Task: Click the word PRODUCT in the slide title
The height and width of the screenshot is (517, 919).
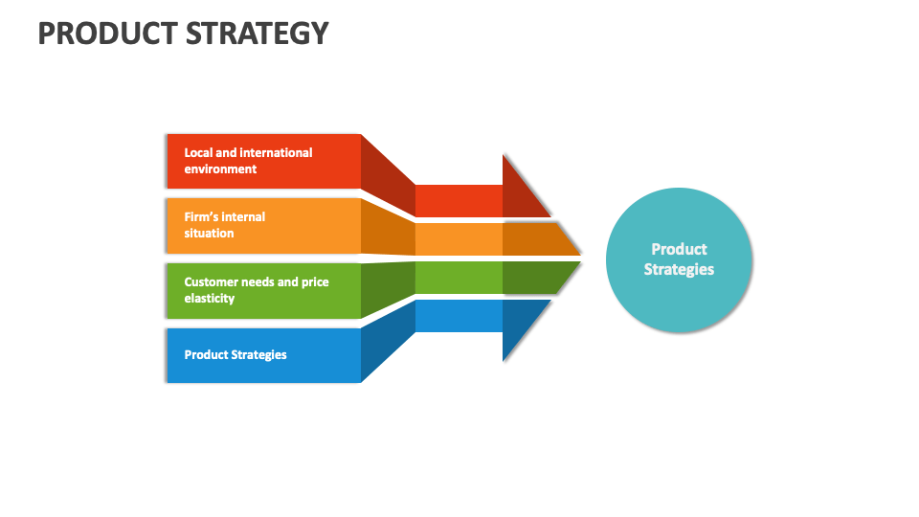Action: point(101,34)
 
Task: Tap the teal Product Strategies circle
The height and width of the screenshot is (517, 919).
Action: point(679,259)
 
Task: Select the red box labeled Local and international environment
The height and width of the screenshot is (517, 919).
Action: point(263,161)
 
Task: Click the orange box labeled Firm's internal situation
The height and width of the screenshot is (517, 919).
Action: point(263,225)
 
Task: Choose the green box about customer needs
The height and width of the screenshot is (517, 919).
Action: point(263,290)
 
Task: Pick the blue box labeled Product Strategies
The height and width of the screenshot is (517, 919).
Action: point(263,354)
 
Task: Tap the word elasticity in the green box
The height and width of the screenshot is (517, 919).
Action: point(210,299)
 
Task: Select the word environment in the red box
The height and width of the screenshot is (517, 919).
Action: point(220,169)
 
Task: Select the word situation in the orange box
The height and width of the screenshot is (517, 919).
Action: point(209,234)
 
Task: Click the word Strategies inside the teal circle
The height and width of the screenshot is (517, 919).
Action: point(679,270)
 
